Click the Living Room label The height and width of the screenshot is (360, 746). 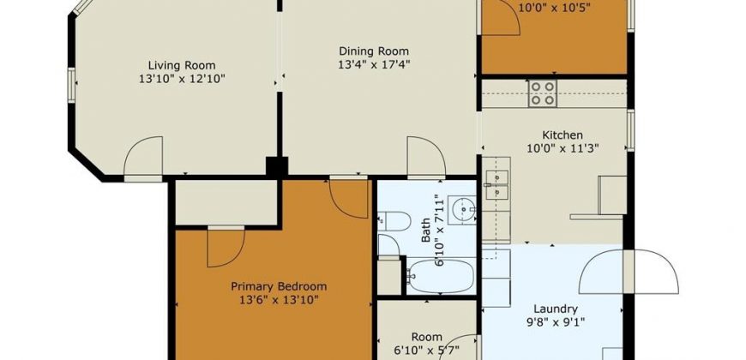pos(181,65)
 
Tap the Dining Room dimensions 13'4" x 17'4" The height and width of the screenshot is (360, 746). pos(374,63)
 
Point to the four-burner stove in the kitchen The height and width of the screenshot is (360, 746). pos(543,93)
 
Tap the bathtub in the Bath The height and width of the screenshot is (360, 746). pos(441,276)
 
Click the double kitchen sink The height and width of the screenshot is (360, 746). pos(496,185)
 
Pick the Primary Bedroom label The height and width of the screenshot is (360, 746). pos(279,287)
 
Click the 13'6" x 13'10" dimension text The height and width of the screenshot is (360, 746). pos(279,300)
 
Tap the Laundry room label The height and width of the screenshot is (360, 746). pos(556,309)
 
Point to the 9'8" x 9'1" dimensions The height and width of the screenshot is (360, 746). pos(556,321)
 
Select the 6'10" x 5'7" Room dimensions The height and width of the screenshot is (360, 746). pos(427,351)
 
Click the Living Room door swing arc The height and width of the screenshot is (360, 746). pos(135,145)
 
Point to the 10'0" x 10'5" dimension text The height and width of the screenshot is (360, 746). pos(555,8)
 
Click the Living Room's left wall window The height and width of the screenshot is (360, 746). pos(71,85)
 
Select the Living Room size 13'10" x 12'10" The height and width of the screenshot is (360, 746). pos(181,79)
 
